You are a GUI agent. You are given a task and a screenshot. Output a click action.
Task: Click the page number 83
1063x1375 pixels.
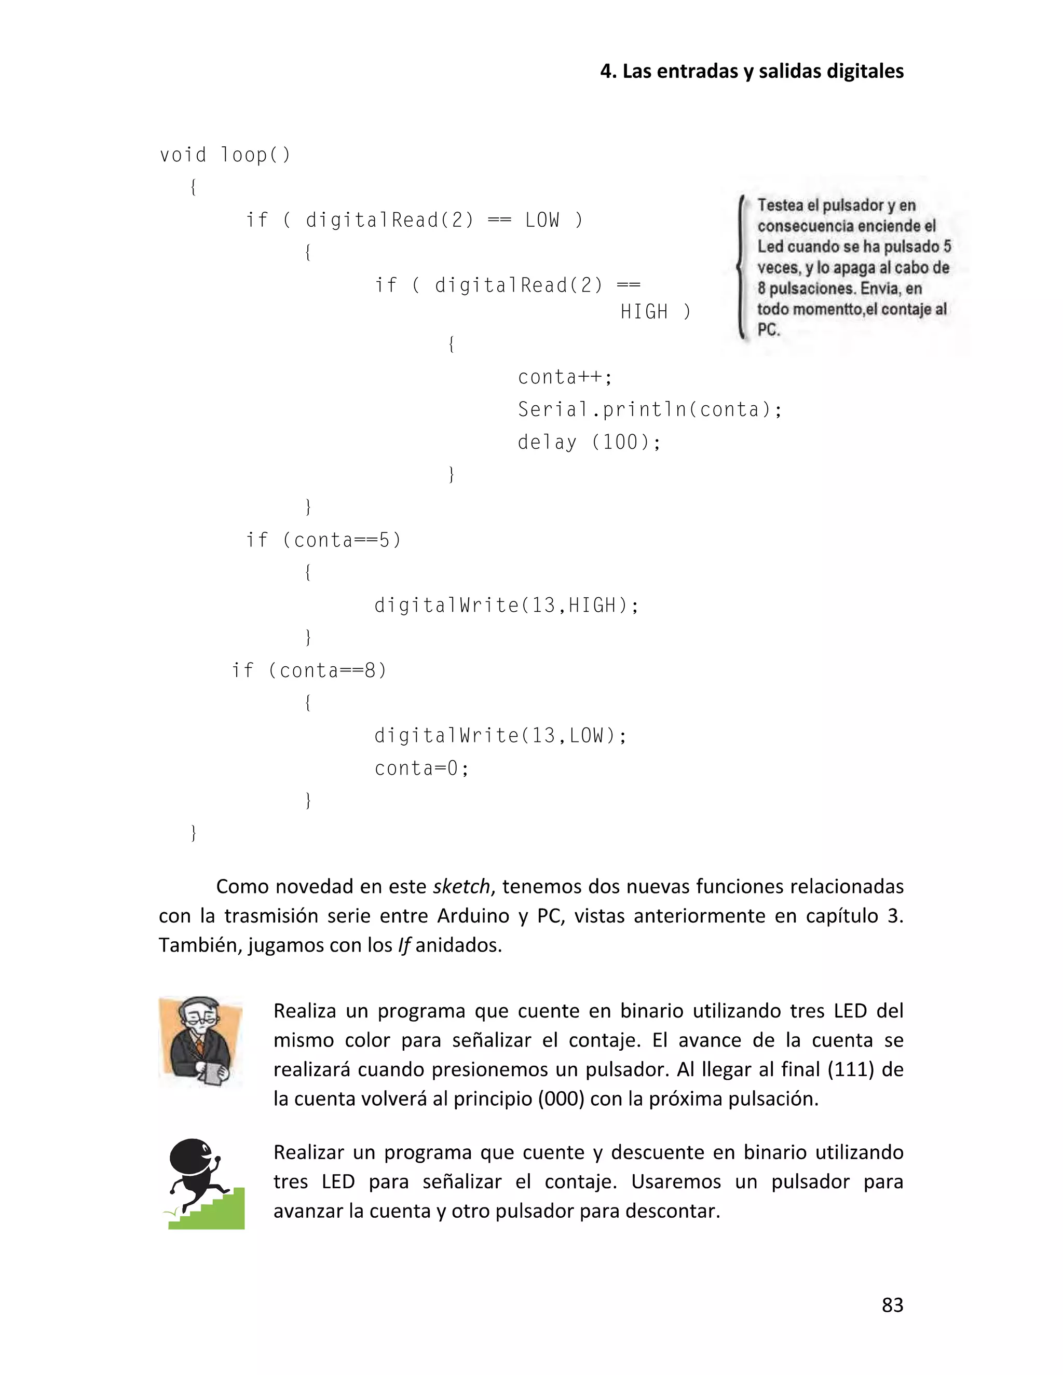pyautogui.click(x=892, y=1304)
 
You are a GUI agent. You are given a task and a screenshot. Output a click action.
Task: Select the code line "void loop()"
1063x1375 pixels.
pyautogui.click(x=225, y=155)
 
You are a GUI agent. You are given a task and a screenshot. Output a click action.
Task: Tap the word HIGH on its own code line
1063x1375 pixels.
pyautogui.click(x=644, y=312)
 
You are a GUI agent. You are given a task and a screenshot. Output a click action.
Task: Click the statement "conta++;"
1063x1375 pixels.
pyautogui.click(x=564, y=377)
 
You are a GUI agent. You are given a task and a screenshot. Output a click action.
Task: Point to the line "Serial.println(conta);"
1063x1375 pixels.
pyautogui.click(x=649, y=410)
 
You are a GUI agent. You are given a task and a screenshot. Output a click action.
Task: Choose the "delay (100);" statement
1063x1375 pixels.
pyautogui.click(x=588, y=443)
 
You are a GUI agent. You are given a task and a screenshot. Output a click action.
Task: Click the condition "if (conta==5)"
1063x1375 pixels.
pyautogui.click(x=323, y=540)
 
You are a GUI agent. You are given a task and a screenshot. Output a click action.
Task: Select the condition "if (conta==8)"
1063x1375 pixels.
pyautogui.click(x=309, y=670)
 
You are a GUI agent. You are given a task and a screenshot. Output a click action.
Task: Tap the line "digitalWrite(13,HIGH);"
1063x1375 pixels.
pyautogui.click(x=506, y=606)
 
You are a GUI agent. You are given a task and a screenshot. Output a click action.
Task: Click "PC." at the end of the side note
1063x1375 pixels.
pyautogui.click(x=768, y=330)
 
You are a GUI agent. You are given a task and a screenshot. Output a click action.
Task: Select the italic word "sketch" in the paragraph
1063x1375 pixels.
pyautogui.click(x=461, y=886)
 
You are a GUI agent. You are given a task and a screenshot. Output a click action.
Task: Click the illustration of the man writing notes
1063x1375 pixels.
pyautogui.click(x=200, y=1041)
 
